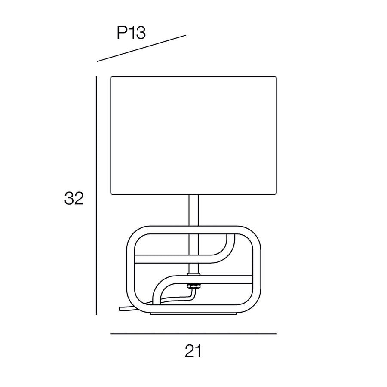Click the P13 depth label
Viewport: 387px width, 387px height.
(131, 33)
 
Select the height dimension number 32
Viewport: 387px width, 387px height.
(74, 198)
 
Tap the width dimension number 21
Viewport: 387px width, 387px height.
(193, 351)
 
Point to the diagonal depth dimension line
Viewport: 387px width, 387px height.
(141, 48)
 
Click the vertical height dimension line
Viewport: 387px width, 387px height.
(96, 195)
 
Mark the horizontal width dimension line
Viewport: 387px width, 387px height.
(193, 334)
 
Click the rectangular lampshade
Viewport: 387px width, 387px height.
(193, 135)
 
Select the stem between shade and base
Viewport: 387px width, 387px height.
(193, 210)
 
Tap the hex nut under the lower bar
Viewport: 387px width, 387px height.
(194, 286)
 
